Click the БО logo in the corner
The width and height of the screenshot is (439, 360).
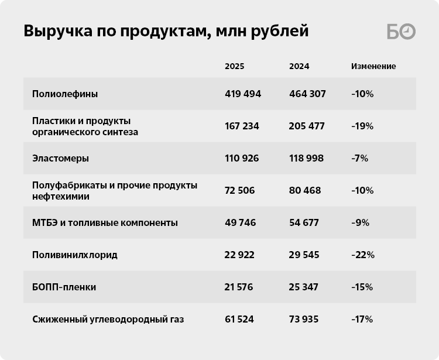pos(401,32)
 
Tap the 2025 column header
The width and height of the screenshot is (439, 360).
pos(234,66)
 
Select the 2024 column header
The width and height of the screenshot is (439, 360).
pos(299,66)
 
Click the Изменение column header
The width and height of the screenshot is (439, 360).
pos(373,66)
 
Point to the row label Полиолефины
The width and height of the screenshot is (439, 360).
pos(65,94)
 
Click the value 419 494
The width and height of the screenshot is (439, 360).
pos(243,94)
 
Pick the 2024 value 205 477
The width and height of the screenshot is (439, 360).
pos(307,126)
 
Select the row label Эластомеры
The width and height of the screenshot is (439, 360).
pos(61,158)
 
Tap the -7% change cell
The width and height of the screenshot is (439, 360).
pos(359,158)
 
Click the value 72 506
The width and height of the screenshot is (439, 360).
pos(241,190)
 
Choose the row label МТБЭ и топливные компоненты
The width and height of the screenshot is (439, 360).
pos(105,222)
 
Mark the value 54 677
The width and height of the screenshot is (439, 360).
pos(305,222)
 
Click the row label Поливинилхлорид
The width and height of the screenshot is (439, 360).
pos(75,255)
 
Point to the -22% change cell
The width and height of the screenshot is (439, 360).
pos(362,255)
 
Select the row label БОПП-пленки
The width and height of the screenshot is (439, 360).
pos(64,287)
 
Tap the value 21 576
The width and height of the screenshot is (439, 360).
pos(240,287)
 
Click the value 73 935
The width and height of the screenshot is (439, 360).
pos(305,319)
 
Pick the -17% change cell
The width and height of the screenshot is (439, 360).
pos(362,319)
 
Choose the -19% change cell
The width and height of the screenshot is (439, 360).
pos(362,126)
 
